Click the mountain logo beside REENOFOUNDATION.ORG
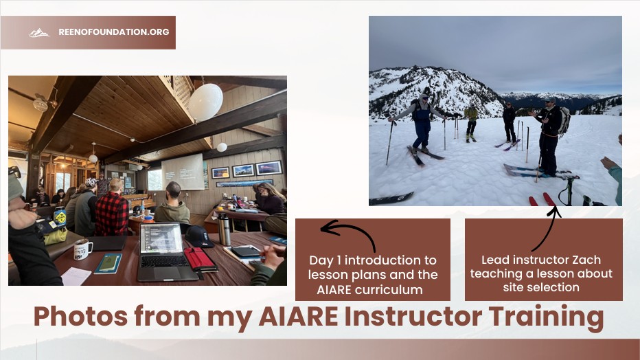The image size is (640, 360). click(39, 32)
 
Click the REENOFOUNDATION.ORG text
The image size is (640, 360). click(113, 32)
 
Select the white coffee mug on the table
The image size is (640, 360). click(82, 249)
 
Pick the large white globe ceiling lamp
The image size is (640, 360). click(205, 102)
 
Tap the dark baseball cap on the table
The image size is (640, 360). click(198, 236)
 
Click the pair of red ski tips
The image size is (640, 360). click(542, 199)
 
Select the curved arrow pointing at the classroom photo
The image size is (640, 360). click(347, 234)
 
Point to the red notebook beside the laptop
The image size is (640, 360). click(200, 258)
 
